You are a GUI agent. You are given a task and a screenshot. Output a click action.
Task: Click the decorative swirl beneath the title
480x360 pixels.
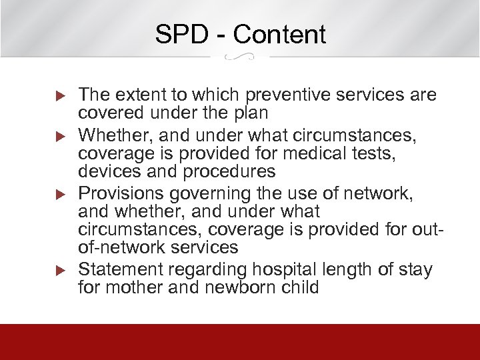click(x=239, y=58)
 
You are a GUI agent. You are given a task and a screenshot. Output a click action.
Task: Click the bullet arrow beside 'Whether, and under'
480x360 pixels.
click(x=57, y=136)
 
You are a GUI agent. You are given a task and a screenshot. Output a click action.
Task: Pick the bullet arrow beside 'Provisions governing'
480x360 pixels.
click(x=57, y=194)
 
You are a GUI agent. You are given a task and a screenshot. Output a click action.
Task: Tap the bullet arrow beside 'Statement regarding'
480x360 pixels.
click(x=57, y=270)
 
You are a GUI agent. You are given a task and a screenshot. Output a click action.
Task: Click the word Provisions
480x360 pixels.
click(x=123, y=193)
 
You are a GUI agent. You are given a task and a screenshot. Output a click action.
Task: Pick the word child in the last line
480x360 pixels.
click(x=299, y=287)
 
